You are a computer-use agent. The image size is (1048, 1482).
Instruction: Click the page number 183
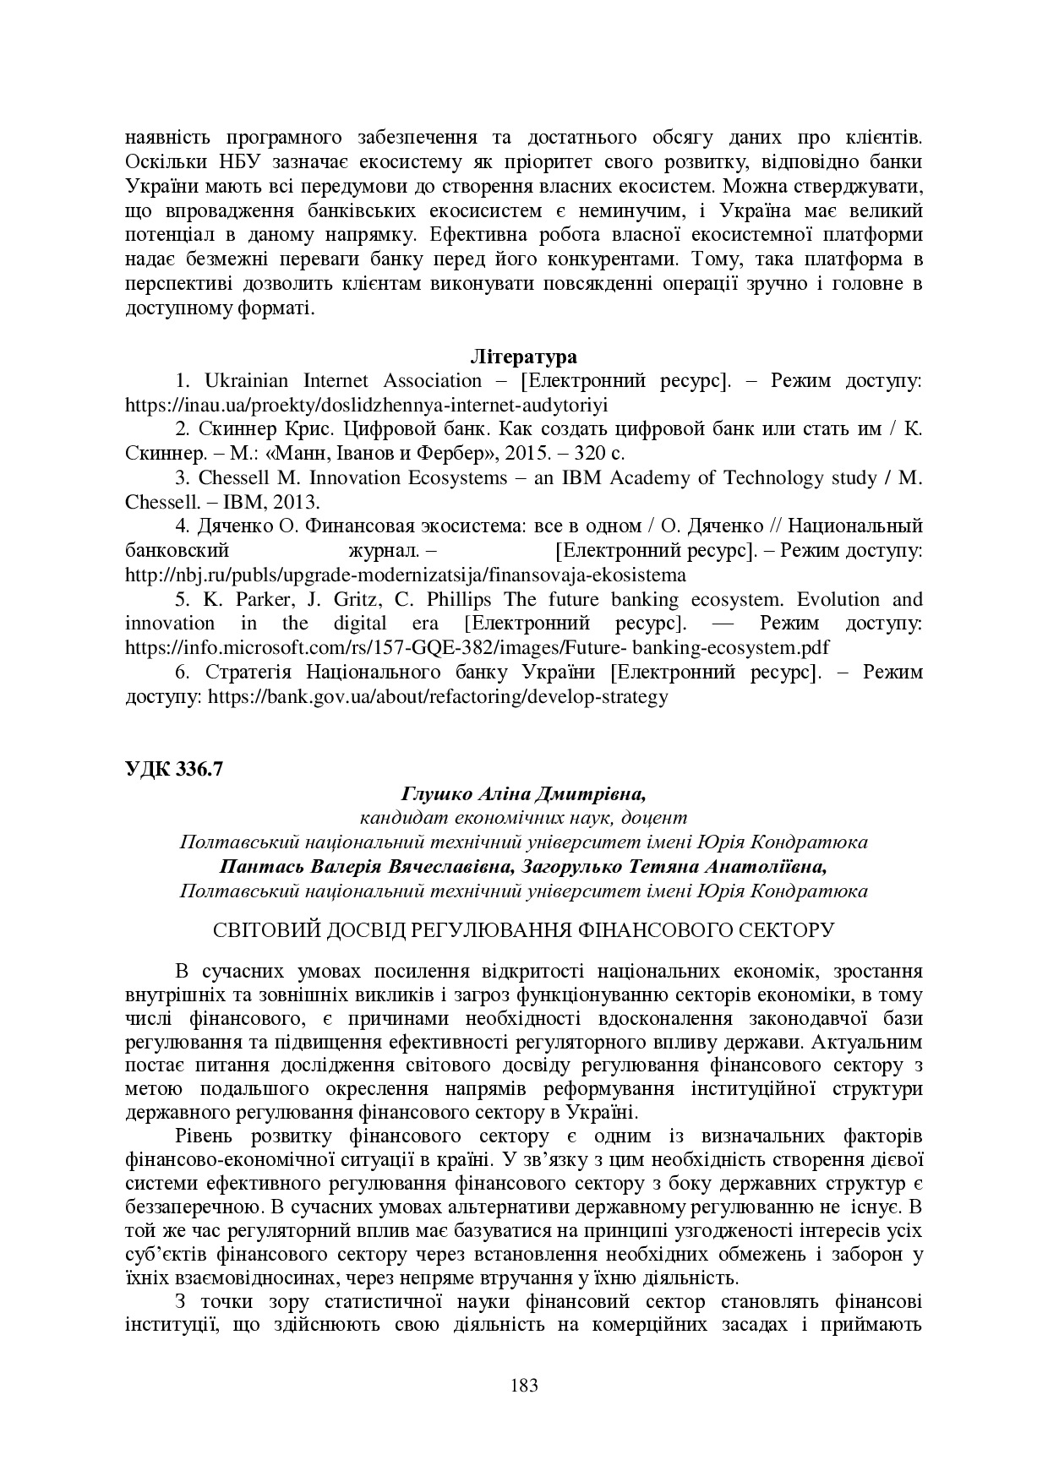(x=524, y=1385)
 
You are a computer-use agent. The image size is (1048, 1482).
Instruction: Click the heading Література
(x=523, y=356)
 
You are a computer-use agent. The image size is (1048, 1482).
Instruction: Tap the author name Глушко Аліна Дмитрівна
(x=523, y=793)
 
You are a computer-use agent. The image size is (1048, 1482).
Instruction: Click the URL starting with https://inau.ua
(x=366, y=405)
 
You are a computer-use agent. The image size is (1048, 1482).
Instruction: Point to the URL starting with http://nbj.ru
(x=405, y=575)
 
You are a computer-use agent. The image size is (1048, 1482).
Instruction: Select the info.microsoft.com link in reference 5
(x=477, y=648)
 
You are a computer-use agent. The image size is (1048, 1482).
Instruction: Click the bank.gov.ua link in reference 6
(x=437, y=697)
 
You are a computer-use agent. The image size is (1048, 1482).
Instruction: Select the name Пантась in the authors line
(x=256, y=867)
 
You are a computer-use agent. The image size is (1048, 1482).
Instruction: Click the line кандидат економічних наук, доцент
(x=523, y=818)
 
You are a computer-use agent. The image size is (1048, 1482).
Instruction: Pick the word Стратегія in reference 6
(x=248, y=673)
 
